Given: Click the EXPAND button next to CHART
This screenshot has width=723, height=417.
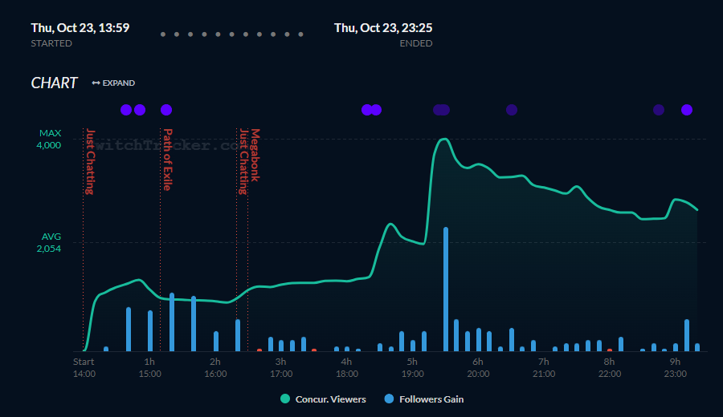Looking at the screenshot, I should coord(113,83).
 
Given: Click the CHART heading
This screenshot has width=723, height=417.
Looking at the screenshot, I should coord(54,83).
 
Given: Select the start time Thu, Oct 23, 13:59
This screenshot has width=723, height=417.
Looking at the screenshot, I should coord(80,27).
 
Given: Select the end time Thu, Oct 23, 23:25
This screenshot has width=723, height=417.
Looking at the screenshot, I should coord(383,27).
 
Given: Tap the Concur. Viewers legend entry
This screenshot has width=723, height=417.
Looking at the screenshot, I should coord(323,399).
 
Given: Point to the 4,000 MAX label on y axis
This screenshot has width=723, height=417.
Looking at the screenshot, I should coord(49,144).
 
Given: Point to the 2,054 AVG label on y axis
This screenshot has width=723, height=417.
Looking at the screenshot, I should coord(49,249).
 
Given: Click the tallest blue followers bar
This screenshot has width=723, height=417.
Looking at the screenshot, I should coord(445,289).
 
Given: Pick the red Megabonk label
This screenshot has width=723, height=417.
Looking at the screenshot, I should coord(255,155).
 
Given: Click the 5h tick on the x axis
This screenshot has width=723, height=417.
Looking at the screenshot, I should coord(412,362).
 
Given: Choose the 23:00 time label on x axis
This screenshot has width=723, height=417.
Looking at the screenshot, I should coord(675,374).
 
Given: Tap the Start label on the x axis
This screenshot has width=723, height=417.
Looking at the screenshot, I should coord(84,362).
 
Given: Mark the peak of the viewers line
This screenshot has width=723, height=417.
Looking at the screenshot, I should coord(443,139).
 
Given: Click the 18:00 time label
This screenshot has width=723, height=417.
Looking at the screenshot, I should coord(346,374).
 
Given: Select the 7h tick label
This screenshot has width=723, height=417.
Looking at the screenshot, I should coord(543,362).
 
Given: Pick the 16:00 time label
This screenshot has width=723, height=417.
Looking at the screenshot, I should coord(215,374).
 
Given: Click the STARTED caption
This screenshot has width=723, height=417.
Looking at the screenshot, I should coord(51,43).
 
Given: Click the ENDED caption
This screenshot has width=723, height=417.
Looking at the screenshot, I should coord(415,43).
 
